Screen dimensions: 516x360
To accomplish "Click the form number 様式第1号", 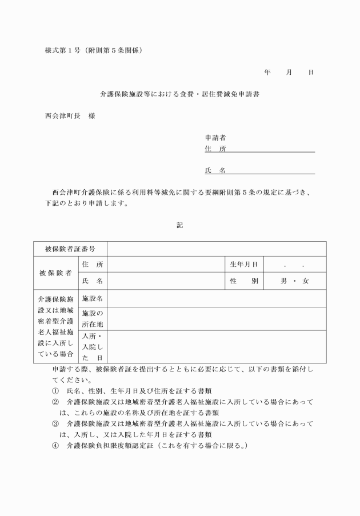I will click(62, 50).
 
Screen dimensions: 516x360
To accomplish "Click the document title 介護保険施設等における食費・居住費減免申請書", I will click(180, 94).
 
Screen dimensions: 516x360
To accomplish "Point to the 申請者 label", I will click(215, 138).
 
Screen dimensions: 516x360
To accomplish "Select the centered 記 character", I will click(180, 225).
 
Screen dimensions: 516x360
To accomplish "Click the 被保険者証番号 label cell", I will click(70, 249).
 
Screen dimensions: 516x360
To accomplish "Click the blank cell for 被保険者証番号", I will click(217, 249).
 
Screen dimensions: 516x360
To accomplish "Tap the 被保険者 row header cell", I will click(55, 273).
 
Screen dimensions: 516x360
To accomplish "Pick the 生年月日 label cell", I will click(244, 264).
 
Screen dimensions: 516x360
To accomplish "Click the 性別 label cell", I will click(244, 281).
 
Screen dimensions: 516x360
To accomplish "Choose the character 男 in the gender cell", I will click(283, 281).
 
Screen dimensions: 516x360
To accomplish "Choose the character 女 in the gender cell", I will click(306, 281).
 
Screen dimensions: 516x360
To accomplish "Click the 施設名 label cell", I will click(92, 298).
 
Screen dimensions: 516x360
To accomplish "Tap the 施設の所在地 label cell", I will click(92, 319).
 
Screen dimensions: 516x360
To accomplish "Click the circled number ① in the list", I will click(55, 391).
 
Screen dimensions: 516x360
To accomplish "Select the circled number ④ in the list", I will click(55, 446).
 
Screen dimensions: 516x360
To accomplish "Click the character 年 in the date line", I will click(267, 73).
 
